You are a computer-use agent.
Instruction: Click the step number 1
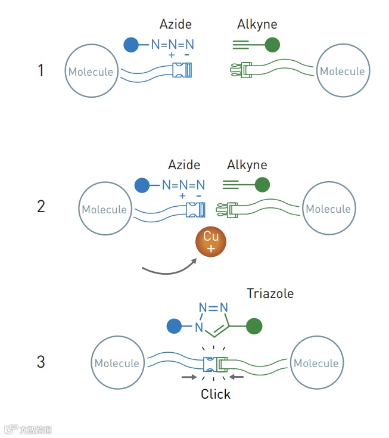41,71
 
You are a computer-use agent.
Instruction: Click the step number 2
41,207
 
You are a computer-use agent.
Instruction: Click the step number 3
41,362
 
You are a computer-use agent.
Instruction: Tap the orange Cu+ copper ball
211,241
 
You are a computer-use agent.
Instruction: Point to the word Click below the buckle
216,394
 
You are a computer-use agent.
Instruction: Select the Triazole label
270,294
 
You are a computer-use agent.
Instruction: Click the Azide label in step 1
176,24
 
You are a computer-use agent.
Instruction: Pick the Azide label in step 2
184,164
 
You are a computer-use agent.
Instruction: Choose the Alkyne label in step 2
247,164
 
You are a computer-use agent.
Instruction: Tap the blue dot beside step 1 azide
131,44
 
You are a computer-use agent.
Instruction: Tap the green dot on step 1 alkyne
272,44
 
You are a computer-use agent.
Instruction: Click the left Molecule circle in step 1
91,72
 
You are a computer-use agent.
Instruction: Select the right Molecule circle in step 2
328,209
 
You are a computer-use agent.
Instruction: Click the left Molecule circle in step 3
117,363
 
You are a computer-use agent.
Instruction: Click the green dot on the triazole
254,327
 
